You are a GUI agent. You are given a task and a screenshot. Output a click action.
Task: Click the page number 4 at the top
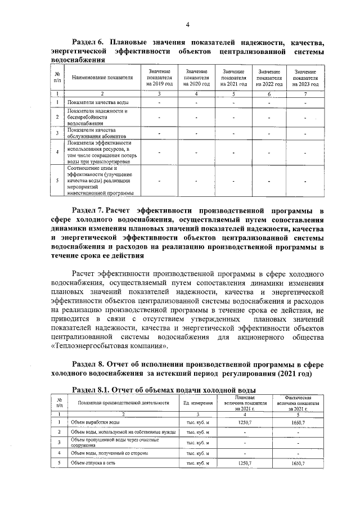[188, 23]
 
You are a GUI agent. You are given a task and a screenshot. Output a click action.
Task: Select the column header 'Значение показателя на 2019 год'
[158, 78]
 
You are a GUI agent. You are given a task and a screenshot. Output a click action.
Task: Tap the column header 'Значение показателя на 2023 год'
[304, 78]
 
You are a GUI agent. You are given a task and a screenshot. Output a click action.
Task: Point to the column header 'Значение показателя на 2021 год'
[232, 78]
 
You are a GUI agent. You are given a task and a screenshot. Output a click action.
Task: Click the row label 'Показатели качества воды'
[93, 102]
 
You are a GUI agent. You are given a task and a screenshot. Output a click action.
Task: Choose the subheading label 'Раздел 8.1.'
[93, 390]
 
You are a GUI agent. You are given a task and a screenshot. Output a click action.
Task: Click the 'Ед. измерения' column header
[197, 403]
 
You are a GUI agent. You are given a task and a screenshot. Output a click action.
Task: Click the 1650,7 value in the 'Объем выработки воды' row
[298, 422]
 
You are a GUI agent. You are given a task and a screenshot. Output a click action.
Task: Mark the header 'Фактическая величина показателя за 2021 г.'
[298, 403]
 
